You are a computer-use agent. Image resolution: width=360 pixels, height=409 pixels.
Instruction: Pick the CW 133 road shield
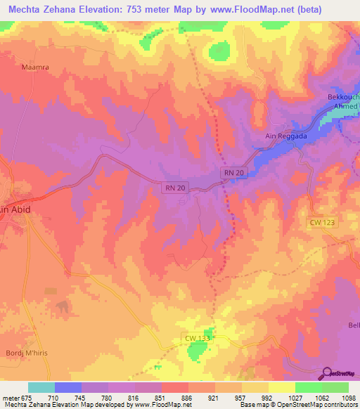point(198,339)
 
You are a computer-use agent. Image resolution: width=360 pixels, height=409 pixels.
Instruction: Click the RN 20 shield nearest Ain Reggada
point(233,172)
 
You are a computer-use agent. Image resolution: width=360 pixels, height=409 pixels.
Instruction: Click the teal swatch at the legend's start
point(41,387)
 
